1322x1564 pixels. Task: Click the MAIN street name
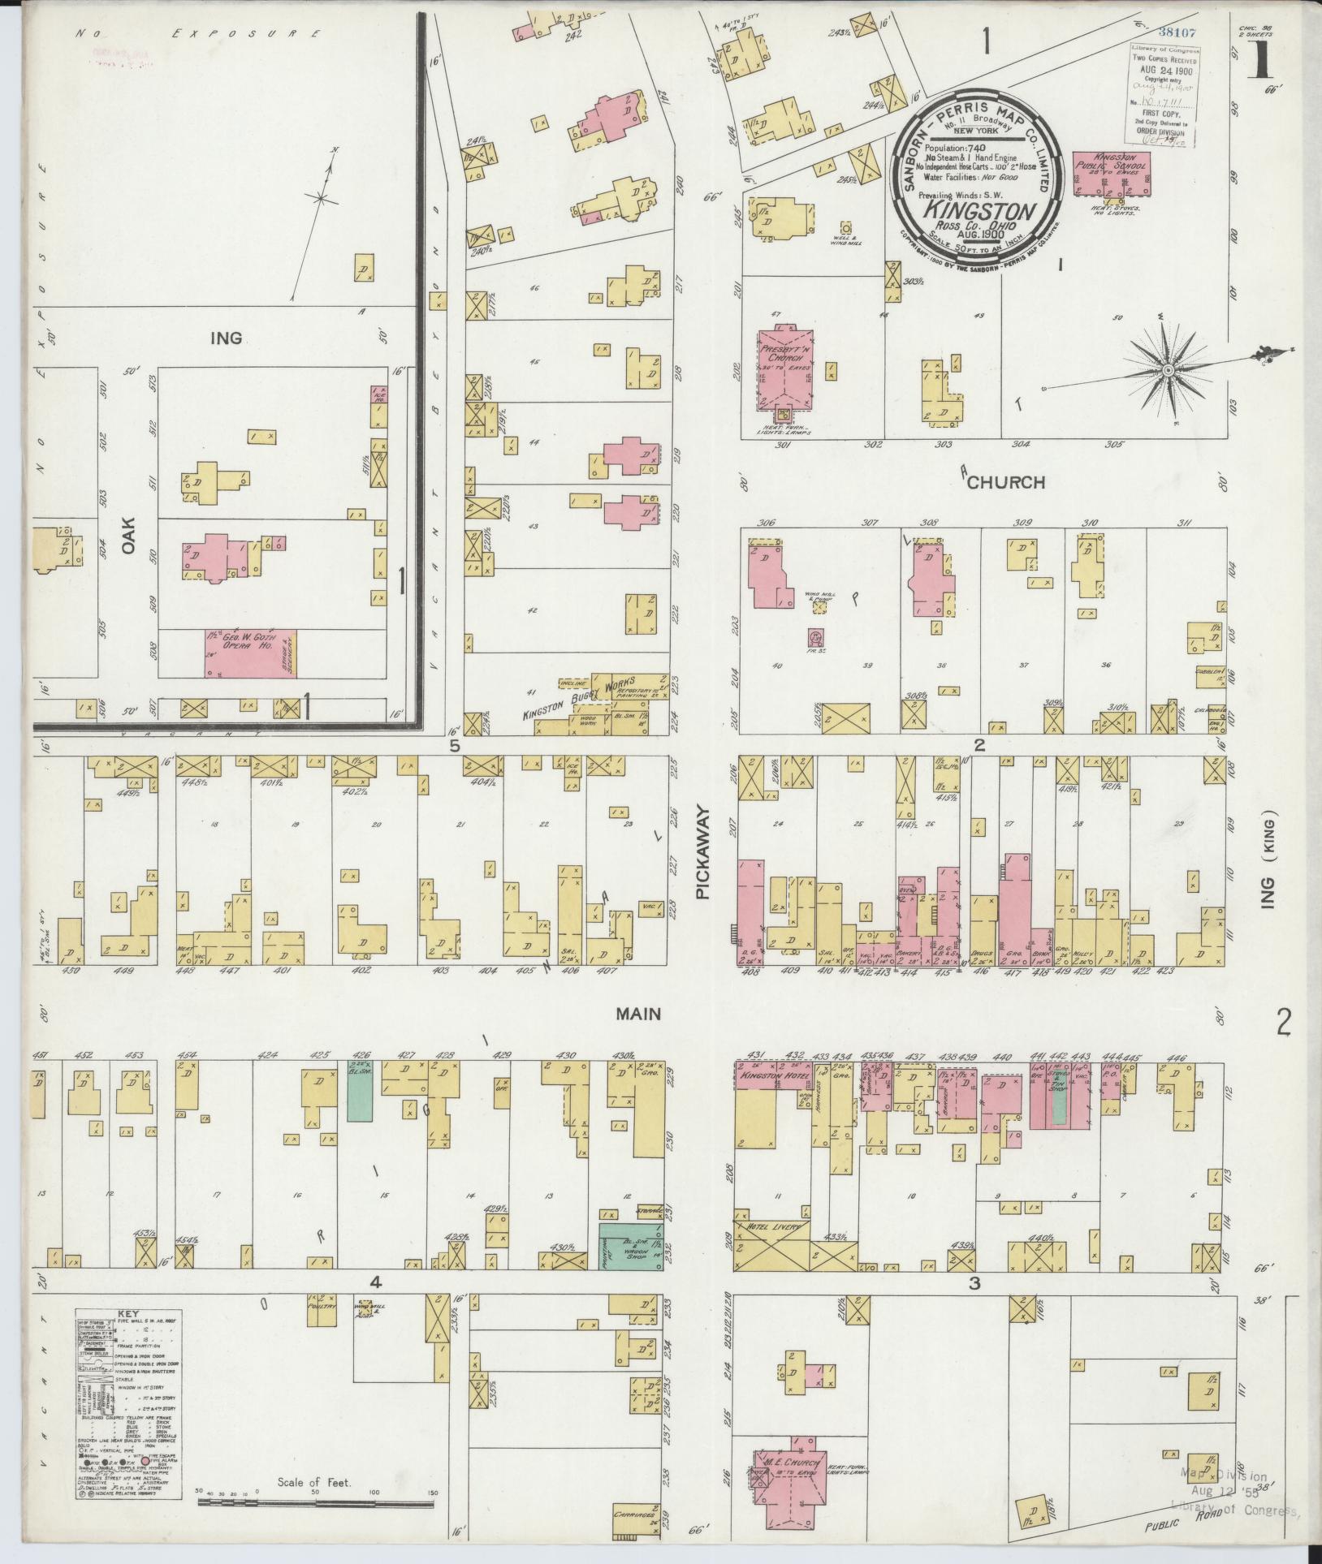click(638, 1014)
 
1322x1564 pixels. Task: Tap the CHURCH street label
click(1005, 482)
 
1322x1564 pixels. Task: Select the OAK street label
click(128, 537)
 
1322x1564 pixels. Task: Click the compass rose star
click(1167, 371)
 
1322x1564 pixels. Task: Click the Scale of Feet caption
click(313, 1483)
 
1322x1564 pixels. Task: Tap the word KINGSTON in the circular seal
click(979, 212)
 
